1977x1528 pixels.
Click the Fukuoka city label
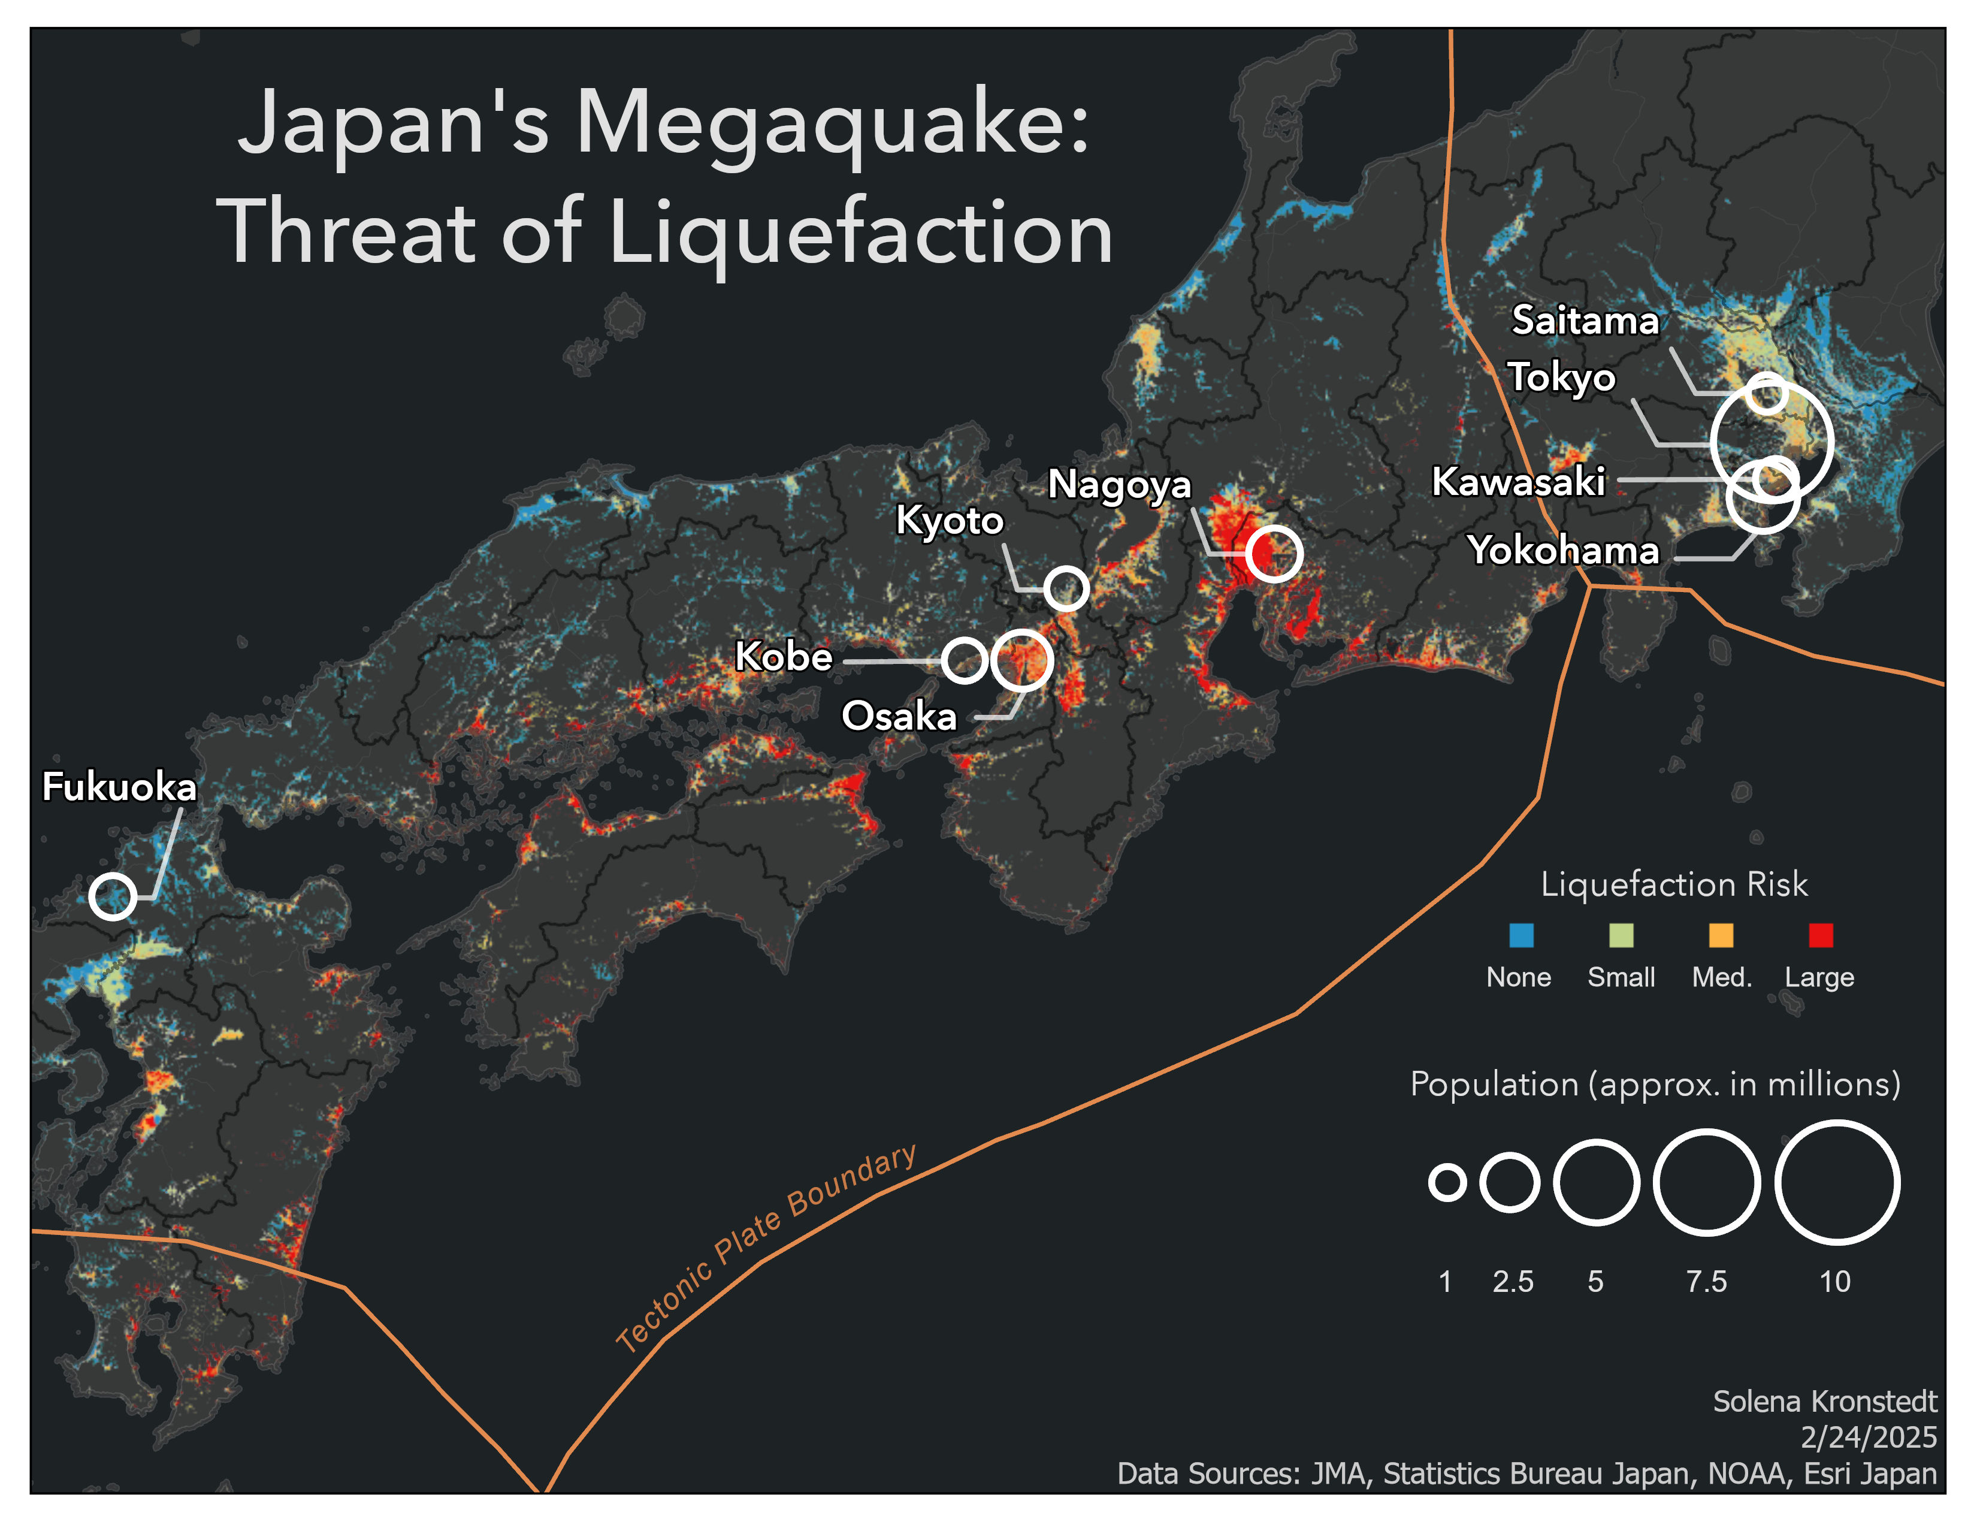click(x=119, y=787)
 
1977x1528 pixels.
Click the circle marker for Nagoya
click(x=1274, y=553)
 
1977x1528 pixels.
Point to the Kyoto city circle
click(x=1066, y=588)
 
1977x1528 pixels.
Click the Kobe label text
click(x=784, y=656)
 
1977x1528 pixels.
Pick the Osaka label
click(x=899, y=716)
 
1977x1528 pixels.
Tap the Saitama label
click(x=1585, y=321)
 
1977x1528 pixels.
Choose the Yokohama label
click(x=1563, y=550)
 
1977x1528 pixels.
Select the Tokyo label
click(x=1561, y=376)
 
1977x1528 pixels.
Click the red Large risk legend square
click(x=1821, y=935)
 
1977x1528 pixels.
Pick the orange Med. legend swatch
click(x=1721, y=935)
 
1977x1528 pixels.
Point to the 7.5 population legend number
click(x=1706, y=1281)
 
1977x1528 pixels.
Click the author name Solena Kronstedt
click(x=1824, y=1402)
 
